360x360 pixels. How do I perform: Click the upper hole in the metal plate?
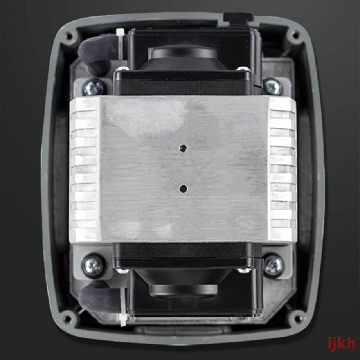click(x=183, y=148)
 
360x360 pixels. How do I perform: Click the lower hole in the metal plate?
click(x=183, y=189)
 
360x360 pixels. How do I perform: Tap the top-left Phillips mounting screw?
click(x=94, y=87)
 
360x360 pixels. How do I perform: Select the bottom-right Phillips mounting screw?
click(x=273, y=265)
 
